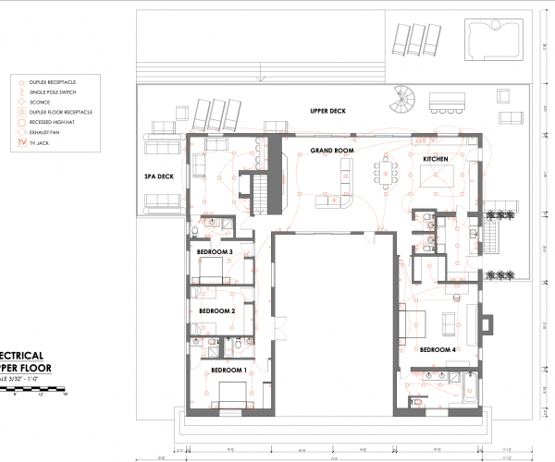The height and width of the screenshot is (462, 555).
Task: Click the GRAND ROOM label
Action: tap(333, 150)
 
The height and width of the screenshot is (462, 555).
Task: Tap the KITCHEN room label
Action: tap(436, 160)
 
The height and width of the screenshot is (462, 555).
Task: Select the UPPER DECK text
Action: tap(327, 111)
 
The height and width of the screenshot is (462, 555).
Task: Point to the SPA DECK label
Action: tap(159, 176)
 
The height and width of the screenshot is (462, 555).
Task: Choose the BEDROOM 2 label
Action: tap(217, 311)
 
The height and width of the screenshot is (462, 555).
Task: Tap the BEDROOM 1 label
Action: tap(228, 370)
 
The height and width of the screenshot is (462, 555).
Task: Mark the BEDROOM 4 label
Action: tap(438, 350)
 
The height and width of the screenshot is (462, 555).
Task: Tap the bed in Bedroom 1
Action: tap(228, 394)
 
